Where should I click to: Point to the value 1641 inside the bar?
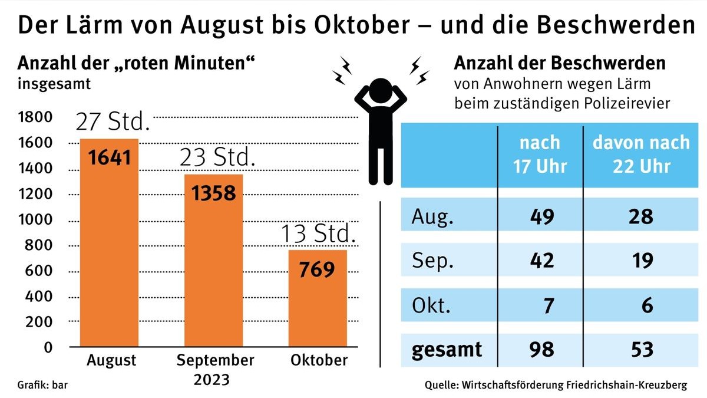pyautogui.click(x=109, y=158)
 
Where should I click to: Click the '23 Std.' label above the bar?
pyautogui.click(x=217, y=158)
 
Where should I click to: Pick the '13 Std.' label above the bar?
pyautogui.click(x=318, y=235)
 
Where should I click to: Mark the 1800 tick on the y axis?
pyautogui.click(x=36, y=117)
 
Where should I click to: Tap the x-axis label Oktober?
pyautogui.click(x=319, y=360)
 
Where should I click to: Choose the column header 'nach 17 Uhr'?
pyautogui.click(x=540, y=154)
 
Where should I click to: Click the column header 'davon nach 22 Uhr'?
pyautogui.click(x=641, y=154)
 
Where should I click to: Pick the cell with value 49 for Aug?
pyautogui.click(x=541, y=217)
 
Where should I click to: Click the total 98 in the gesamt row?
pyautogui.click(x=541, y=349)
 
